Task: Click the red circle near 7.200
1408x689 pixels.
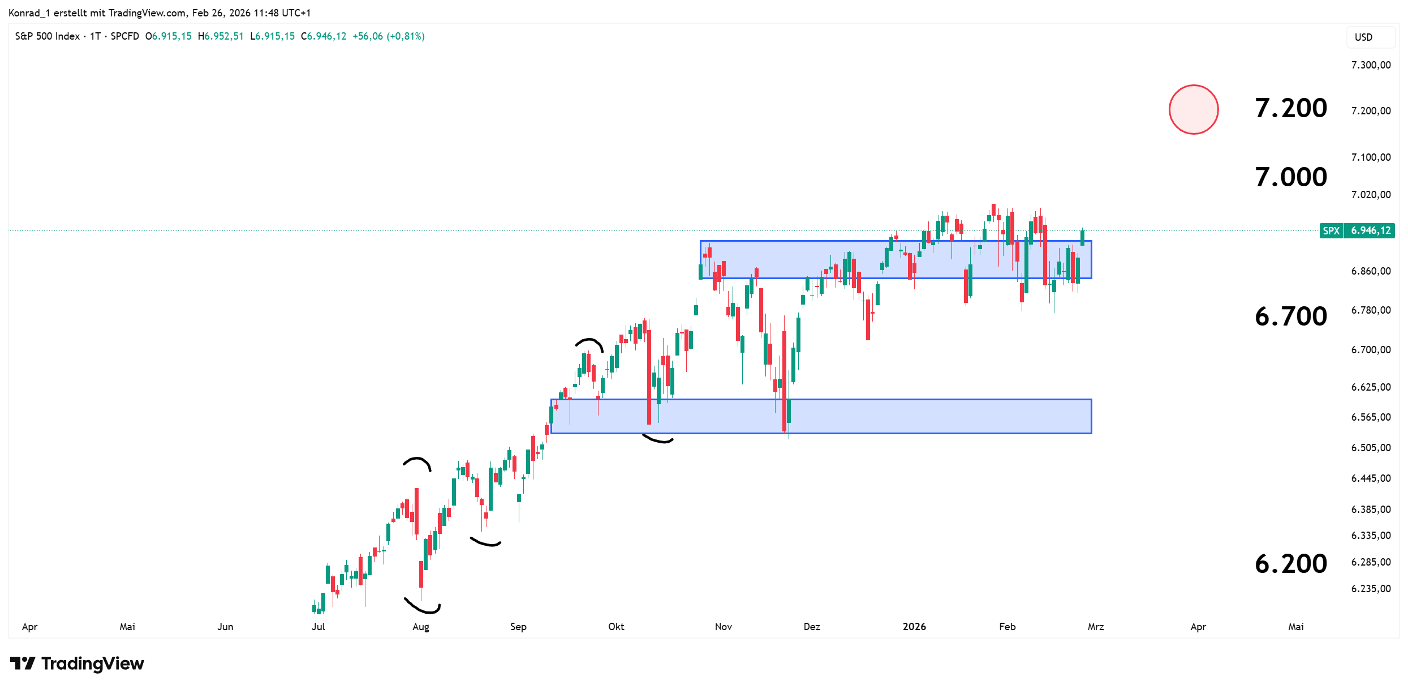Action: [1194, 109]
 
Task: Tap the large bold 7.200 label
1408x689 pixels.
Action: [1290, 108]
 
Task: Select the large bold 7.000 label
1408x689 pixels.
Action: [1290, 177]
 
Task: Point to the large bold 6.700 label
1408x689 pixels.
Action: [1290, 316]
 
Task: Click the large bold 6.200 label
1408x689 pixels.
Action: [1290, 564]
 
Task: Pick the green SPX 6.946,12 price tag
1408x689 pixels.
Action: [1357, 230]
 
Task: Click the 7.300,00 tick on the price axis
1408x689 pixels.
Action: [1370, 65]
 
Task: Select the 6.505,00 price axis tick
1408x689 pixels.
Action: [1370, 448]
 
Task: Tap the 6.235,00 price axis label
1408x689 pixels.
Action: [1370, 589]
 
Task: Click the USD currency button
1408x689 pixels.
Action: [1363, 37]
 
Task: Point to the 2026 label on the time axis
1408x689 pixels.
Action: [914, 627]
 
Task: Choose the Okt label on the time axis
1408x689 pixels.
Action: [616, 627]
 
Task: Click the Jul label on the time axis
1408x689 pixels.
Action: [318, 627]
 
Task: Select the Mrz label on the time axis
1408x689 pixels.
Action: [1096, 627]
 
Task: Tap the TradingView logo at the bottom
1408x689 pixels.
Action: [77, 663]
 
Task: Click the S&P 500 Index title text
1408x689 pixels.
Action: [48, 36]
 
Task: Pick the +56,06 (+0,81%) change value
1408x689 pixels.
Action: [388, 36]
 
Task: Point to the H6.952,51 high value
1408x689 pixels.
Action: [221, 36]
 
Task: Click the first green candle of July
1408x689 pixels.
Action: [314, 609]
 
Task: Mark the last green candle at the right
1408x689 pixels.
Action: [1082, 237]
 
